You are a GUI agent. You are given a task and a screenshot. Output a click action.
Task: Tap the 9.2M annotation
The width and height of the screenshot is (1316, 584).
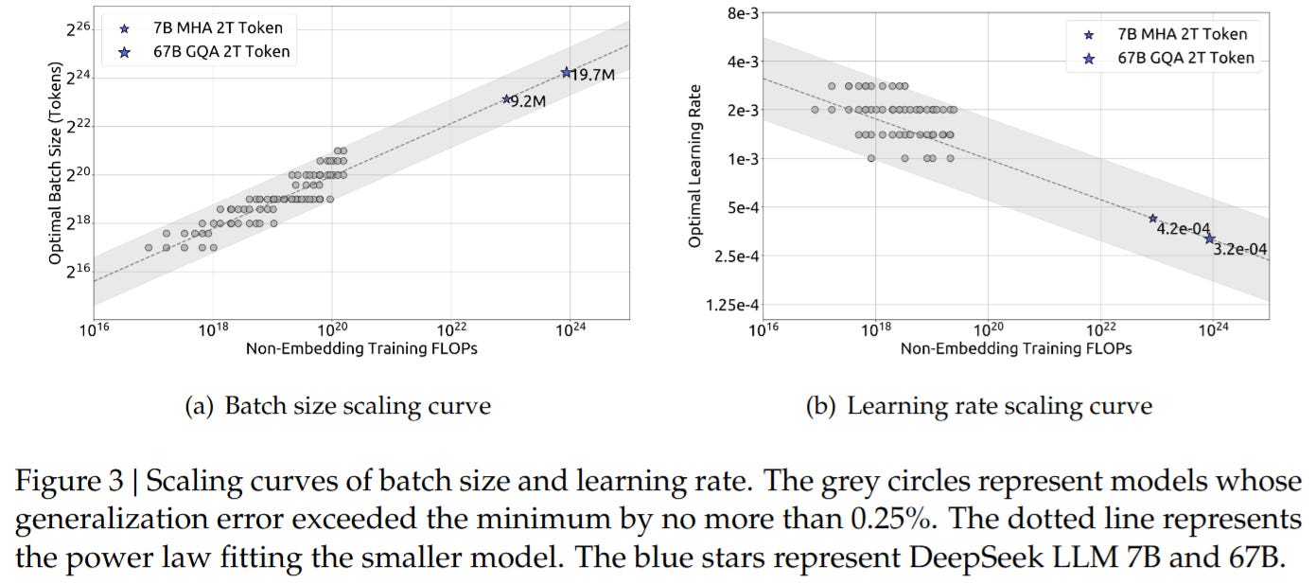click(x=528, y=100)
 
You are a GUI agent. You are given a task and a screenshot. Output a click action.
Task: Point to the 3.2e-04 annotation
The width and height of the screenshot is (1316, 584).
click(x=1239, y=250)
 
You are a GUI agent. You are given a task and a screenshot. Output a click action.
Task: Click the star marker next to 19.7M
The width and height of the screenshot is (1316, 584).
click(x=566, y=72)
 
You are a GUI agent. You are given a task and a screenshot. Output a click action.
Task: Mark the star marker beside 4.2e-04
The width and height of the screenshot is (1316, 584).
click(x=1153, y=219)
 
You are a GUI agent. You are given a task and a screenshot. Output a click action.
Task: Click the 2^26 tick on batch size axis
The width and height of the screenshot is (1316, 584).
click(x=77, y=28)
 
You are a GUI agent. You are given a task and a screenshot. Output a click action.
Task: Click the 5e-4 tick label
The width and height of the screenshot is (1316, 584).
click(x=735, y=207)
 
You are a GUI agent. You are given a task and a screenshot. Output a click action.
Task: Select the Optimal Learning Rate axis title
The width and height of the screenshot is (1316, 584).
click(x=695, y=164)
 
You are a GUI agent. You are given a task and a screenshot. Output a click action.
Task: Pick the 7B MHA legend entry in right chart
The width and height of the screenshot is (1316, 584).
click(x=1181, y=34)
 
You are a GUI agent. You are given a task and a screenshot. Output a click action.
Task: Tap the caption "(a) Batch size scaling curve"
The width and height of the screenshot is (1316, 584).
click(x=337, y=407)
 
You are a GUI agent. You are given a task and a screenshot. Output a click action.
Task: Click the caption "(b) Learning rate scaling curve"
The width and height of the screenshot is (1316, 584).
click(x=978, y=407)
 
